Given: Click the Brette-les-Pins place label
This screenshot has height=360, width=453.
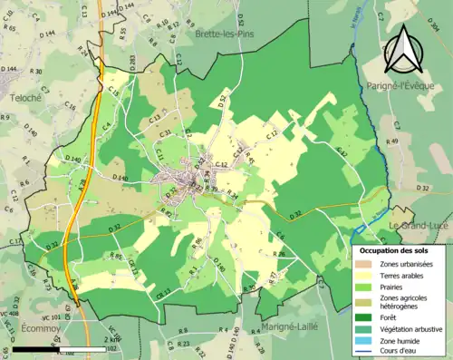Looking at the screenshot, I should pyautogui.click(x=224, y=34).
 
